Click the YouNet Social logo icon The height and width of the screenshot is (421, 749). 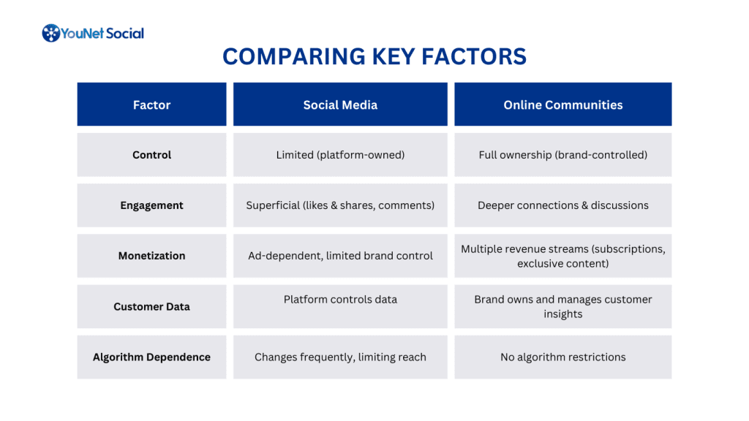[50, 33]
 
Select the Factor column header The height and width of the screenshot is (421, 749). [152, 105]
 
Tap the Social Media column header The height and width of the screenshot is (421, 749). [340, 105]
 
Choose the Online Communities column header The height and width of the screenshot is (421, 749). [562, 105]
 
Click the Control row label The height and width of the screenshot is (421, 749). [152, 155]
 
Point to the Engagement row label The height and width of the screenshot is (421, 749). [152, 205]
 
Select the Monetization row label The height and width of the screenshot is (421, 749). [152, 256]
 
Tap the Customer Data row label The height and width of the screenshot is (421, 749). [152, 306]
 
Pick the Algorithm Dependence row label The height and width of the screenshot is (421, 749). [152, 357]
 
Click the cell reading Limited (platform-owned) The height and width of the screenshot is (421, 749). [340, 155]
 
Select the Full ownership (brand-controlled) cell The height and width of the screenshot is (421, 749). [562, 155]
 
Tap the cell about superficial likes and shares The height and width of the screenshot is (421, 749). [340, 205]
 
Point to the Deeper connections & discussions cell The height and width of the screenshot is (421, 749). [562, 205]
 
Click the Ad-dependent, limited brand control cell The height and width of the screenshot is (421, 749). [340, 256]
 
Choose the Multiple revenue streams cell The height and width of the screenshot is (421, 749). [562, 256]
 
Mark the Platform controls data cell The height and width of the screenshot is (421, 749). [340, 306]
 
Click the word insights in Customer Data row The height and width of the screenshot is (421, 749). [562, 314]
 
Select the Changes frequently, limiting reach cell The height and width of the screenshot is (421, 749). [340, 357]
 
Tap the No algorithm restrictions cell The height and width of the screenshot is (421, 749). [562, 357]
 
